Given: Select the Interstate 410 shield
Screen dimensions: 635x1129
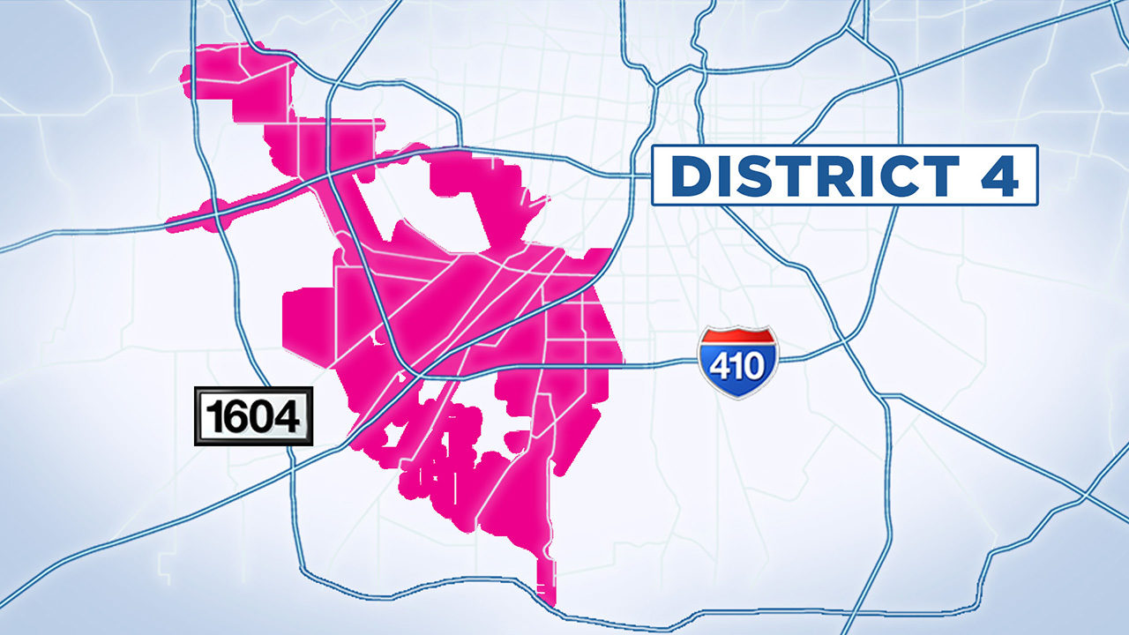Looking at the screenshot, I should pos(738,362).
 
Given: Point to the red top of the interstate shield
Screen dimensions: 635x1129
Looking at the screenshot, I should pos(738,337).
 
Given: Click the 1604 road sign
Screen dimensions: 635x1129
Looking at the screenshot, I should pos(253,415).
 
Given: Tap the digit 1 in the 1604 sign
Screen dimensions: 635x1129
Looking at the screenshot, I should pos(213,416).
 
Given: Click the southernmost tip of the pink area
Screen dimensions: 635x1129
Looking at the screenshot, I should pos(550,602).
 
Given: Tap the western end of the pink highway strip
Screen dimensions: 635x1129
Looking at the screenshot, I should pos(169,225).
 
